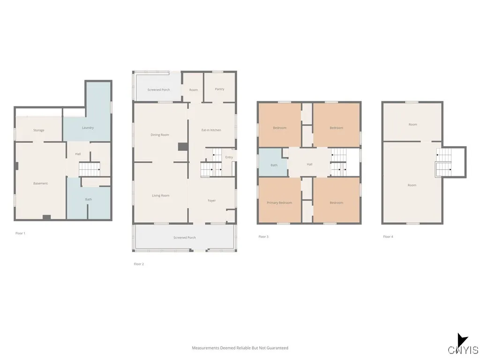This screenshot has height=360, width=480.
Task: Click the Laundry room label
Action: coord(88,127)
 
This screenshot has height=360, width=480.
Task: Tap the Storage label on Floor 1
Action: coord(38,130)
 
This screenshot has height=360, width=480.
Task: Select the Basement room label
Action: coord(40,183)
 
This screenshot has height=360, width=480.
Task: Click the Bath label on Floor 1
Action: coord(88,199)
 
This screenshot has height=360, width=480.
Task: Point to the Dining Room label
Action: coord(160,135)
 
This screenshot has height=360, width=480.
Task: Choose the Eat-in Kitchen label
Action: coord(211,130)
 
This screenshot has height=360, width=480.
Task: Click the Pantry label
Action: coord(219,89)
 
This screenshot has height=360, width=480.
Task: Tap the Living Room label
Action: coord(160,195)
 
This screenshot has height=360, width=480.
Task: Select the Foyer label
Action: coord(212,201)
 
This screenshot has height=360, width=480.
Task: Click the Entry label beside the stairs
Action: coord(229,157)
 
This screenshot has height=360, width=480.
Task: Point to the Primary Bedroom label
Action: coord(279,202)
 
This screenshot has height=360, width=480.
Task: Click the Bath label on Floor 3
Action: coord(274,165)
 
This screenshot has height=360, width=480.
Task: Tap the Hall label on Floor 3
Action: coord(309,165)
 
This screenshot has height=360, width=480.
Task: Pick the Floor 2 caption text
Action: coord(139,264)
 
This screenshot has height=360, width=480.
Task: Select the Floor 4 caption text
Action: coord(388,237)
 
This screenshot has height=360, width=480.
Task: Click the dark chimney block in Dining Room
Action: coord(182,147)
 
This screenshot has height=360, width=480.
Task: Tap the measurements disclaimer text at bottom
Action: coord(240,348)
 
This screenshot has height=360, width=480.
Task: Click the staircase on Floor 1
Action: coord(89,169)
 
